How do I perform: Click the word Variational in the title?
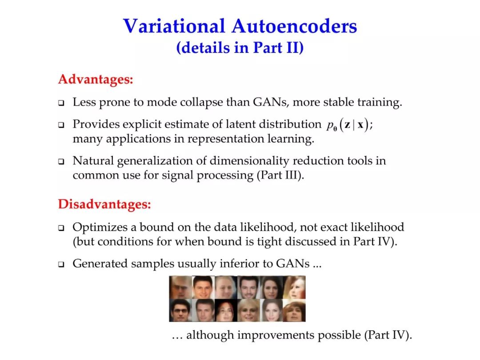[174, 26]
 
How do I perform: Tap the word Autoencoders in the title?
[294, 26]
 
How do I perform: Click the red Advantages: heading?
[96, 79]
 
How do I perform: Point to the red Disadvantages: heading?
[105, 204]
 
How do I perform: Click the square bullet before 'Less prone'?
[61, 103]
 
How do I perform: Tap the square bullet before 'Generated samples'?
[61, 264]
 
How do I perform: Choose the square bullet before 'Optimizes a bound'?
[61, 228]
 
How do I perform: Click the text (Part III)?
[280, 176]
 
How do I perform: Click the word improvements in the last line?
[276, 335]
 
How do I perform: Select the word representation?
[226, 139]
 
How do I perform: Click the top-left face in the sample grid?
[180, 287]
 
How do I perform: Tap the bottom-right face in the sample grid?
[294, 310]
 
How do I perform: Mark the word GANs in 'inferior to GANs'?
[292, 264]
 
